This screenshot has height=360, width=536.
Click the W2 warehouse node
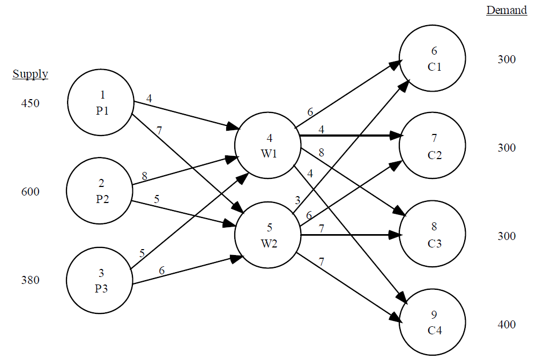coord(268,234)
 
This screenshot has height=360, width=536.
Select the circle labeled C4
coord(434,322)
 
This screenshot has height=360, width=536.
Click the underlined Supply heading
coord(31,74)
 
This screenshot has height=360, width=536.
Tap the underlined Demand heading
coord(507,11)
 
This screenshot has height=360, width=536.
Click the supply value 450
coord(30,103)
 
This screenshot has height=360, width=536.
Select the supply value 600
coord(30,192)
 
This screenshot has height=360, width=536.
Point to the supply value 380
coord(30,280)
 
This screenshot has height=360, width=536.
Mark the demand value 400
coord(506,325)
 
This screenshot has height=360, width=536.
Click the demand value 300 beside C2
coord(506,148)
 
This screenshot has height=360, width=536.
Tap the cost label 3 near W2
coord(298,200)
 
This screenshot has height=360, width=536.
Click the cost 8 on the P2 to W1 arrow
coord(144,176)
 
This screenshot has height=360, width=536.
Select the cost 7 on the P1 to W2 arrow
coord(159,131)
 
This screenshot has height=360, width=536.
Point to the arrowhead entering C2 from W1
coord(397,136)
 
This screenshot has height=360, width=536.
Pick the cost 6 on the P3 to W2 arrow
coord(161,271)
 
